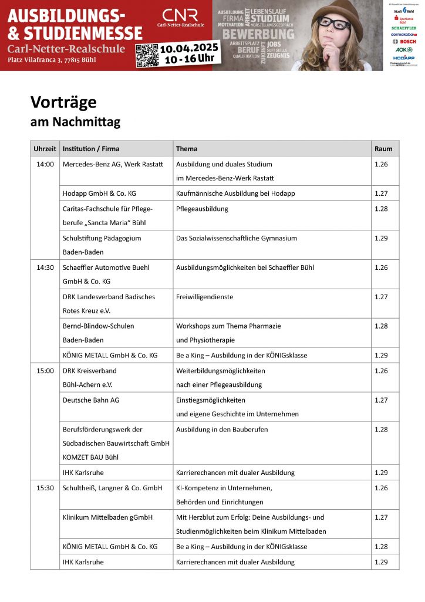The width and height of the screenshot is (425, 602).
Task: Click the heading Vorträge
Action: coord(63,102)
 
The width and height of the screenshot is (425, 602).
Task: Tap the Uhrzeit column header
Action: coord(45,149)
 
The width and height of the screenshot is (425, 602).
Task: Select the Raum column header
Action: coord(383,149)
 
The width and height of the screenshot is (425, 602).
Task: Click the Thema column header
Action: coord(187,149)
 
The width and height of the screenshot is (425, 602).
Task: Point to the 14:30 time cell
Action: coord(45,267)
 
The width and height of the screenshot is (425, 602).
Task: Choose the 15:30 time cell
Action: coord(45,488)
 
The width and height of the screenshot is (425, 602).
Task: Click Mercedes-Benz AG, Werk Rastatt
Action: coord(113,164)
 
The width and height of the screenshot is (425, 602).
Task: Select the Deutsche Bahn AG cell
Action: coord(91,400)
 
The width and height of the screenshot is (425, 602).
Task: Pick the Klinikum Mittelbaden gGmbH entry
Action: coord(107,517)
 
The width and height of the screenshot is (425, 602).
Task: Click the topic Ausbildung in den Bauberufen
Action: coord(222,429)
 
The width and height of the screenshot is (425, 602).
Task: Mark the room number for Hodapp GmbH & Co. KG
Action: coord(381,193)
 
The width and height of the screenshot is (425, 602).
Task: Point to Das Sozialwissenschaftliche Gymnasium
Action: coord(237,238)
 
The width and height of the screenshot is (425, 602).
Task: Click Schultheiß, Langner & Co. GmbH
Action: coord(112,488)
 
